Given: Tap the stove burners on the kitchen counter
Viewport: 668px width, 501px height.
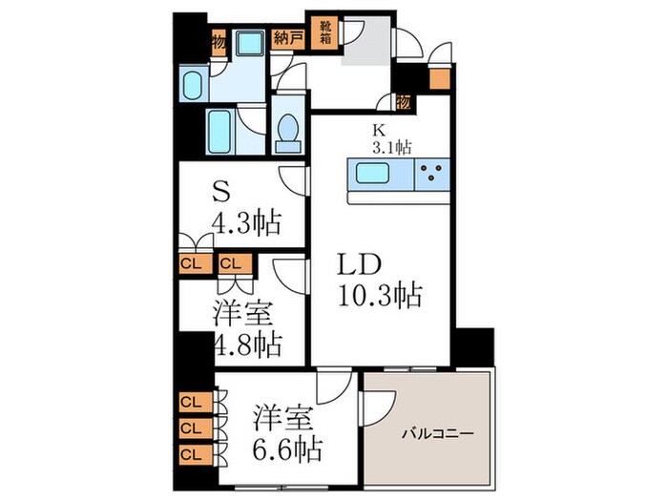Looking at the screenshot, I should tap(430, 174).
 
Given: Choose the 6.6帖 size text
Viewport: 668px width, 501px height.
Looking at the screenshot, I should tap(287, 448).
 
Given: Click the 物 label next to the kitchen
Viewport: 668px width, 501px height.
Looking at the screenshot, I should tap(403, 101).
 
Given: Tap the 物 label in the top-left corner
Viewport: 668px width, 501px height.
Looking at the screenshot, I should tap(219, 43).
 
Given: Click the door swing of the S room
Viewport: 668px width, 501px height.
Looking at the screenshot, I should tap(290, 178).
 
